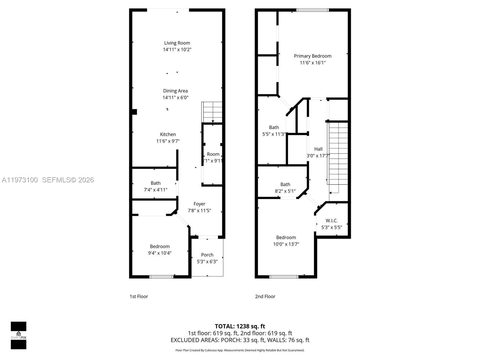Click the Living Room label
(x=177, y=43)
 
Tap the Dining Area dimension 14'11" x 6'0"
(x=175, y=97)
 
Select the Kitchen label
(x=168, y=134)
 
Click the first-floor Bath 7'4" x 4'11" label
(x=155, y=183)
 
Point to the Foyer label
(x=199, y=204)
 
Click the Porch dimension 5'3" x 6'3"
(x=207, y=262)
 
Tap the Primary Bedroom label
(x=313, y=56)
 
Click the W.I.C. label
(x=331, y=220)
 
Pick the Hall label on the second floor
(x=318, y=149)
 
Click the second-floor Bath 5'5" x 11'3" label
(x=274, y=127)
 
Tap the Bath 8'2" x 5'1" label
(x=285, y=184)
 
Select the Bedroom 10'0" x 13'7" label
(x=286, y=238)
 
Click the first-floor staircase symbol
(x=212, y=112)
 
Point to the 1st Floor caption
(x=139, y=296)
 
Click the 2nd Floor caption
(x=265, y=296)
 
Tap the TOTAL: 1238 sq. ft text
(x=240, y=326)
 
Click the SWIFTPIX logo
(x=19, y=335)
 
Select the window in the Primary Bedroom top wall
(x=312, y=10)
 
